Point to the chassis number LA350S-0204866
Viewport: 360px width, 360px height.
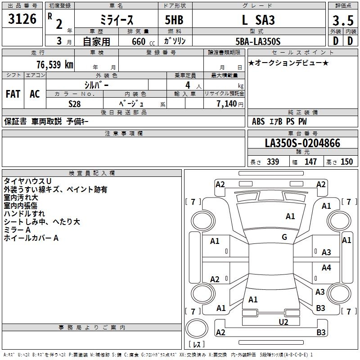[x=302, y=144]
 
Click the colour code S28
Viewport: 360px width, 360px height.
[x=75, y=103]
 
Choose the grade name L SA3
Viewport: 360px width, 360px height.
[x=258, y=21]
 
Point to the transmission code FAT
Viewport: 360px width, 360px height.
[x=13, y=94]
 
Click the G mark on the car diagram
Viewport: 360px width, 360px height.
[x=284, y=237]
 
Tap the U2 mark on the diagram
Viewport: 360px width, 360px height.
[x=283, y=321]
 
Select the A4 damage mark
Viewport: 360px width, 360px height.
[x=326, y=268]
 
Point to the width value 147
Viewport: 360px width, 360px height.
[x=310, y=162]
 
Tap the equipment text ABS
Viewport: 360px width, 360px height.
[x=258, y=121]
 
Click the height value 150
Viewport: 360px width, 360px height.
[x=346, y=162]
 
